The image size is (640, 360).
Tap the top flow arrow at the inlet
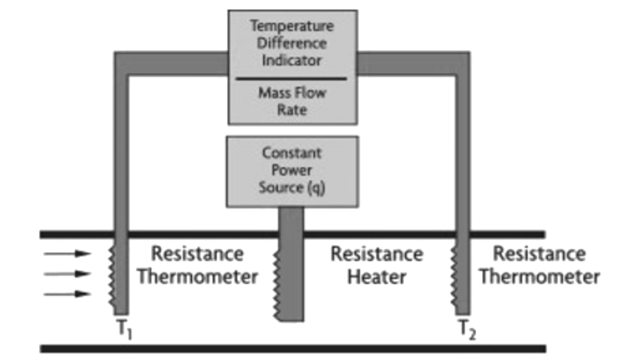tap(67, 253)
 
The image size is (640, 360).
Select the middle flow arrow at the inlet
tap(67, 273)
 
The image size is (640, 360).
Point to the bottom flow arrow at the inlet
tap(67, 294)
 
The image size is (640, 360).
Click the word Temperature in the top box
tap(292, 25)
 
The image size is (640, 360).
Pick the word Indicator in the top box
tap(292, 60)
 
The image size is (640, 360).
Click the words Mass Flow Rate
tap(292, 101)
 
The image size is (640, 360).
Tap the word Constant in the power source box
tap(292, 152)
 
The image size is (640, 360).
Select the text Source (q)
tap(292, 188)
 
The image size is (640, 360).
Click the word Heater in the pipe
tap(376, 276)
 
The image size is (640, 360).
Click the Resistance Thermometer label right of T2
tap(539, 265)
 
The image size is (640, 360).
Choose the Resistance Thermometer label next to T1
tap(197, 265)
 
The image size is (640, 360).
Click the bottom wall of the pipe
tap(292, 348)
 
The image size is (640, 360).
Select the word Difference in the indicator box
tap(292, 43)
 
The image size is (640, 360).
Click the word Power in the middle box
tap(292, 170)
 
